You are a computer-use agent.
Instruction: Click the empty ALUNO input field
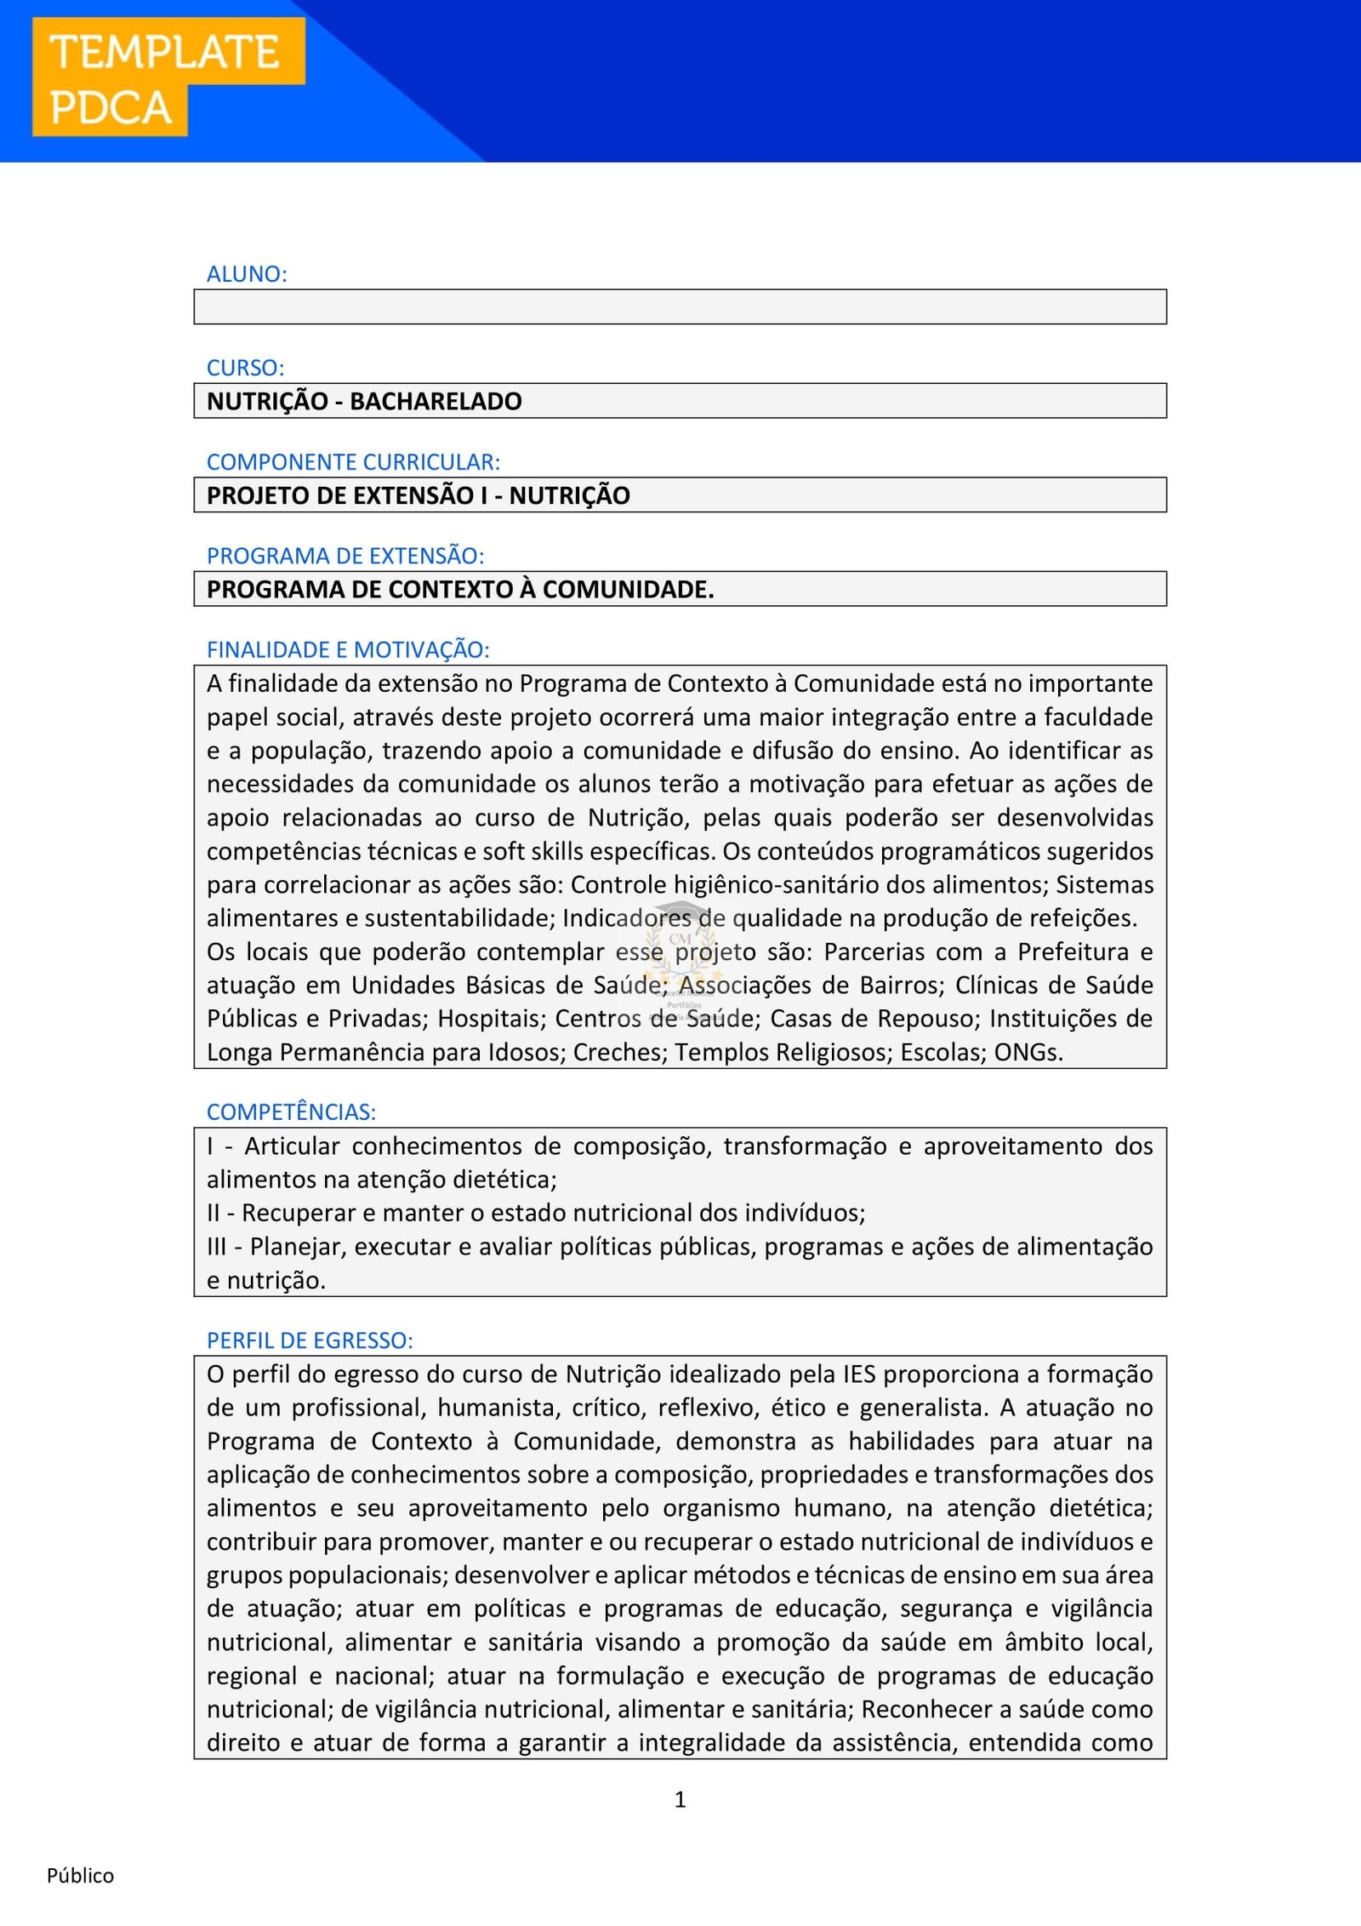(x=680, y=306)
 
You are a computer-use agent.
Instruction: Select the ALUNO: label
(x=247, y=274)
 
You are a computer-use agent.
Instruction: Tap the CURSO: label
(x=245, y=368)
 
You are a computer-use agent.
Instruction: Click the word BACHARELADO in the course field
(x=436, y=401)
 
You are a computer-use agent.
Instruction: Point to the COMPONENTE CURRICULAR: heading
(x=353, y=462)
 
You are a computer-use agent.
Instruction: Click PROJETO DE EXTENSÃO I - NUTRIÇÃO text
(x=418, y=495)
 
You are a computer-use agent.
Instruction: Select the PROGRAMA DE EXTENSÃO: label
(x=345, y=556)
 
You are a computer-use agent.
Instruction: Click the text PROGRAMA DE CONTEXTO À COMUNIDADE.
(x=459, y=589)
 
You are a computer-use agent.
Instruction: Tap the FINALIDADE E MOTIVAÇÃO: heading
(x=347, y=649)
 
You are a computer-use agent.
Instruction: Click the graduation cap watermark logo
(x=680, y=936)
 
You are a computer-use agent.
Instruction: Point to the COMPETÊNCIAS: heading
(x=291, y=1112)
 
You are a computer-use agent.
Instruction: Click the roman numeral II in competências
(x=214, y=1213)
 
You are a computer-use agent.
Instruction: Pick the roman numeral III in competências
(x=216, y=1247)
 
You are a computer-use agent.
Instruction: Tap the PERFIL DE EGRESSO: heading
(x=310, y=1340)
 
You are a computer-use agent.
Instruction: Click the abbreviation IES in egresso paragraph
(x=859, y=1374)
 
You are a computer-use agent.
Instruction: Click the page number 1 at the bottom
(x=680, y=1799)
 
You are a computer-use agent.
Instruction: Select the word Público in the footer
(x=80, y=1876)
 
